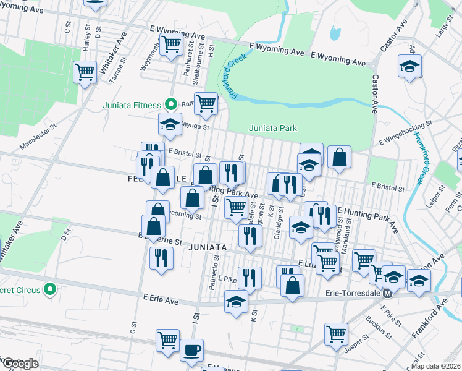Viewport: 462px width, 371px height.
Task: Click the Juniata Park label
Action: [x=273, y=129]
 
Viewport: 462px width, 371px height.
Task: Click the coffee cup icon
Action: [x=191, y=349]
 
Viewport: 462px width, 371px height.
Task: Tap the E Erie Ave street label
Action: [x=160, y=300]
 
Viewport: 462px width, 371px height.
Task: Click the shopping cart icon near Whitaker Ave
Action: [x=85, y=71]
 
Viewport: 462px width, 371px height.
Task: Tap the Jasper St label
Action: [x=356, y=345]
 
